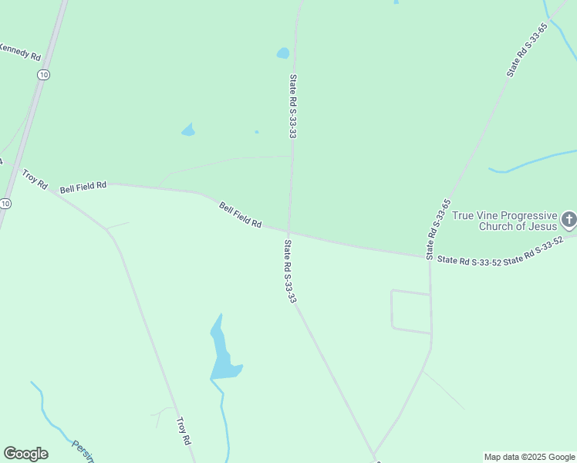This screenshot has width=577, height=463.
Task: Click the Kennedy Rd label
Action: click(20, 52)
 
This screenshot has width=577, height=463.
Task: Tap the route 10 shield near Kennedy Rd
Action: click(43, 75)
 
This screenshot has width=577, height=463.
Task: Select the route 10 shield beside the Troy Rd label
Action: click(5, 204)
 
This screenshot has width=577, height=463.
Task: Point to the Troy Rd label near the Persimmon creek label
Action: click(183, 431)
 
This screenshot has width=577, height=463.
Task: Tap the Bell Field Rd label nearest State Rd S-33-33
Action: click(240, 215)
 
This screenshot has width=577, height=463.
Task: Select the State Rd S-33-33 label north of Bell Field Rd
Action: click(293, 106)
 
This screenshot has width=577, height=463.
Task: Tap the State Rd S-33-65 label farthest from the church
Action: click(527, 50)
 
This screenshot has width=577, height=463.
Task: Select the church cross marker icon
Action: click(569, 220)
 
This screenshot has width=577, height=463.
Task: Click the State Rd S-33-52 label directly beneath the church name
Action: click(469, 262)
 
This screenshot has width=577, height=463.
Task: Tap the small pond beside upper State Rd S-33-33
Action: click(283, 54)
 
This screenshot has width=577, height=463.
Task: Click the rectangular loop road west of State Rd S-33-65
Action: click(410, 312)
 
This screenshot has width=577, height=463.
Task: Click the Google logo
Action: click(25, 454)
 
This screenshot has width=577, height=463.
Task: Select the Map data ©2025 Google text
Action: click(529, 457)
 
